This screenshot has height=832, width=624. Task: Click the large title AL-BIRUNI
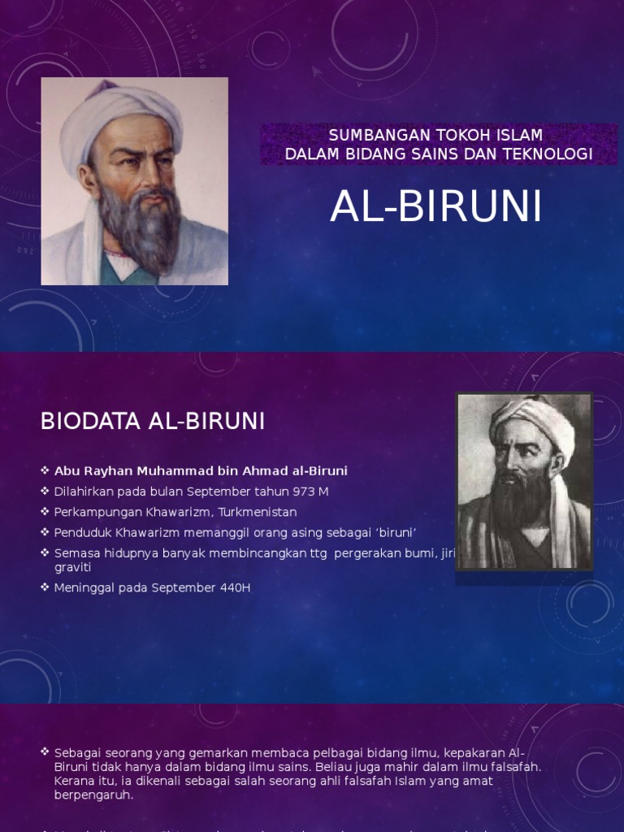435,208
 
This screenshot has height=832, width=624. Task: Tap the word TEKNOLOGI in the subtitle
554,154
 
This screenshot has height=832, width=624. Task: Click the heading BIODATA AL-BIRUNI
153,422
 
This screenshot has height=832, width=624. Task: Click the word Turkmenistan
258,512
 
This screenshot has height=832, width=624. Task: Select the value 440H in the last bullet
232,587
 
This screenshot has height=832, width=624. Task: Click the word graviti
72,567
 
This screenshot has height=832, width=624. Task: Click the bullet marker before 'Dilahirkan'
45,492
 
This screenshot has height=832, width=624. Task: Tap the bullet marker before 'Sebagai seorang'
45,752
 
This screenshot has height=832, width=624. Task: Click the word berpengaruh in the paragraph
93,795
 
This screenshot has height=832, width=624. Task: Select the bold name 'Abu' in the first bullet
66,470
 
